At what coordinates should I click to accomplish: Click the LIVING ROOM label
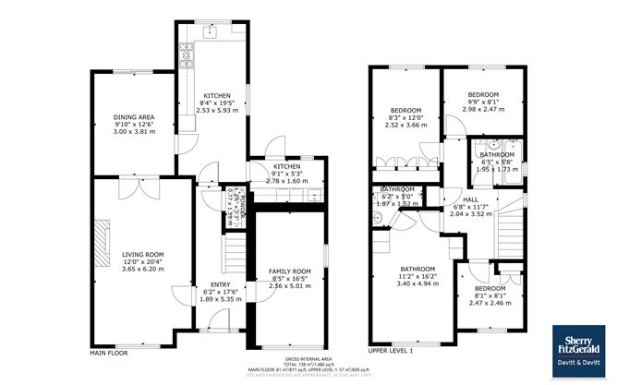[142, 254]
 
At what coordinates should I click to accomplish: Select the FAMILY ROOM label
[290, 271]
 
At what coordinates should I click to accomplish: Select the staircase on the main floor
[236, 248]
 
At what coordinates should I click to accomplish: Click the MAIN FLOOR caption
[109, 352]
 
